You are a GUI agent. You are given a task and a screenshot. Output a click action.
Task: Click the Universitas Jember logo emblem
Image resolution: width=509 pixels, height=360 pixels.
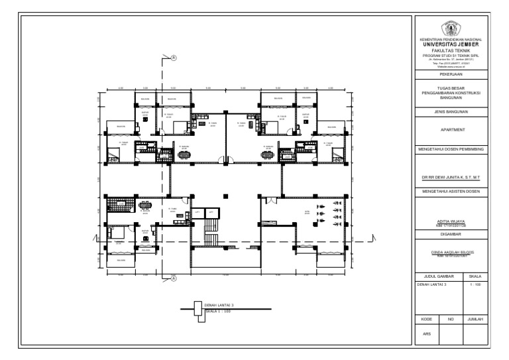click(451, 29)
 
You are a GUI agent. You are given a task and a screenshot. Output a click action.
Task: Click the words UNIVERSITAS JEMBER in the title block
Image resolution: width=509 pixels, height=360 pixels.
click(451, 44)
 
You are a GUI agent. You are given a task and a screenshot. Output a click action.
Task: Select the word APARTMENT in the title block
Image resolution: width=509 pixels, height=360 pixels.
click(451, 131)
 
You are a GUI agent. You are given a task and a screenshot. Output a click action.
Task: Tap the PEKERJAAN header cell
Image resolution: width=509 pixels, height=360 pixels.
click(451, 74)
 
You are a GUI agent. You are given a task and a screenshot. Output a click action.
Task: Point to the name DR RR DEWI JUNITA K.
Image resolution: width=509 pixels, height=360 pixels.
click(451, 178)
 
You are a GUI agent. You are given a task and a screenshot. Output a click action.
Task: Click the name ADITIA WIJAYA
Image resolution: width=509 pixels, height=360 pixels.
click(451, 223)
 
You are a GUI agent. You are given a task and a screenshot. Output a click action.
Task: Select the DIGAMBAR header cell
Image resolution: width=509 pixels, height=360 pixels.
click(451, 233)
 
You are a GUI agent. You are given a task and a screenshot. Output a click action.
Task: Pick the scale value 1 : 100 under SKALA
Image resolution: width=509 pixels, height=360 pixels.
click(475, 284)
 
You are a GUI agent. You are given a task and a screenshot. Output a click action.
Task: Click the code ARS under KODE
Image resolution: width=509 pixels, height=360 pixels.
click(427, 333)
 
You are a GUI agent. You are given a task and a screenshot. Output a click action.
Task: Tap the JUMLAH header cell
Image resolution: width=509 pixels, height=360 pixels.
click(475, 319)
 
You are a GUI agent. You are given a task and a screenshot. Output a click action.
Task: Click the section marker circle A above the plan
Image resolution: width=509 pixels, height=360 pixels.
click(174, 58)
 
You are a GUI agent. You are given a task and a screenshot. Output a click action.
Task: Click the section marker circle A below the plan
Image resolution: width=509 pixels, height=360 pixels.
click(174, 279)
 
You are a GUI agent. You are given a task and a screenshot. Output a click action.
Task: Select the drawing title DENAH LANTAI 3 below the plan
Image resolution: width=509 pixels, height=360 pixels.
click(219, 306)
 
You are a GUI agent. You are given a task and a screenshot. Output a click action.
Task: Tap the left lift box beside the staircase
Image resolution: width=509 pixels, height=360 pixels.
click(197, 212)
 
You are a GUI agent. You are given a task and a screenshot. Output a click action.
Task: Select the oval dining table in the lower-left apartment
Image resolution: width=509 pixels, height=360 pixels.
click(146, 205)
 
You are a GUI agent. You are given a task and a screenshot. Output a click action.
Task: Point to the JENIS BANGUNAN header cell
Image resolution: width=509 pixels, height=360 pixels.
click(451, 113)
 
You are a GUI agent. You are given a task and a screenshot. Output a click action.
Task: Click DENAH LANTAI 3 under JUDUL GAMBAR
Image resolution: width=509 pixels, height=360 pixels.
click(431, 284)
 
